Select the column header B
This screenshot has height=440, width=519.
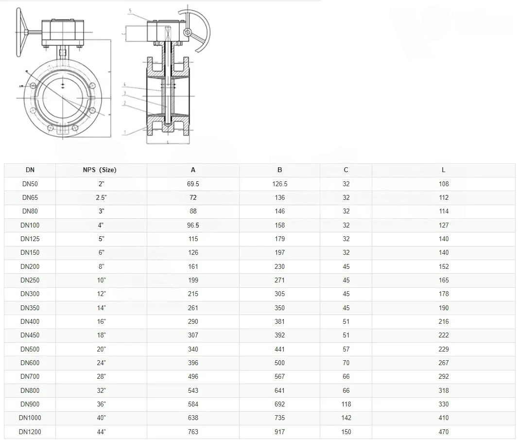coord(279,170)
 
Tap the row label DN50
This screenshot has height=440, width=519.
coord(30,184)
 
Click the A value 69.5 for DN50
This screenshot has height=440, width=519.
coord(193,184)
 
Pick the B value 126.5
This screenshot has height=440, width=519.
coord(279,184)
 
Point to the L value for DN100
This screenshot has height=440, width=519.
coord(443,225)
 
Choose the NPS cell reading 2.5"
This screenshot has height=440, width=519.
coord(101,197)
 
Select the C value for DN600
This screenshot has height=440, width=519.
coord(346,363)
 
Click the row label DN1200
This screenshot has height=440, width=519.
coord(30,432)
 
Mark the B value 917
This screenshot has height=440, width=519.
coord(279,432)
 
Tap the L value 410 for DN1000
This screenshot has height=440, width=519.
coord(443,418)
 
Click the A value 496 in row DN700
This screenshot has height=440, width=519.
coord(193,376)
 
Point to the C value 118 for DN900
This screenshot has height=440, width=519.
coord(346,404)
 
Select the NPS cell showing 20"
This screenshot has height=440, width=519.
coord(101,349)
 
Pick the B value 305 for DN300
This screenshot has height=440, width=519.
coord(279,294)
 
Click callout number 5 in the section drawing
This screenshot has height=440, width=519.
coord(131,10)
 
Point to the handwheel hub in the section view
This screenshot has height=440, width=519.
coord(186,32)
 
